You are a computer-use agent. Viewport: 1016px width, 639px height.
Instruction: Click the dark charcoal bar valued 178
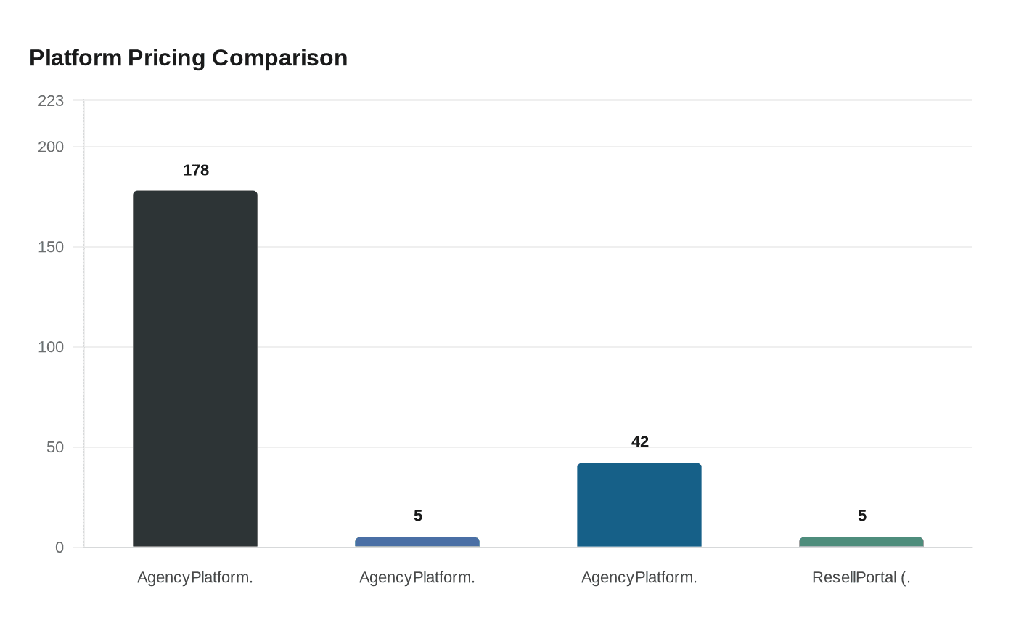(195, 369)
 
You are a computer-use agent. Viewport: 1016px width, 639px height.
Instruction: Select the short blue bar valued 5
(417, 542)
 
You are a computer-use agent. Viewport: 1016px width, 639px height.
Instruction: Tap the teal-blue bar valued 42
(639, 505)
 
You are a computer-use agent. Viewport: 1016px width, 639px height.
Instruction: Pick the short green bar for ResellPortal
(861, 542)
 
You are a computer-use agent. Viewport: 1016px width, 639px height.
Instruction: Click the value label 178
(196, 170)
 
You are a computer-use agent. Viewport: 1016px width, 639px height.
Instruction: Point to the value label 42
(640, 441)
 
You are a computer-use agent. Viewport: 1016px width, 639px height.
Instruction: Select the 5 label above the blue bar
(418, 516)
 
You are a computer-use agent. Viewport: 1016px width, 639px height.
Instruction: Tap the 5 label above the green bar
(862, 516)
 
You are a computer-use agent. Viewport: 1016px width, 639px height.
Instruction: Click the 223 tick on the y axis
(51, 101)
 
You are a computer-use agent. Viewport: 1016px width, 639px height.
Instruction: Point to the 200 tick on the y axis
(51, 147)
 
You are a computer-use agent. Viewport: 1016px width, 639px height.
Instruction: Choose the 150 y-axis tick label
(51, 247)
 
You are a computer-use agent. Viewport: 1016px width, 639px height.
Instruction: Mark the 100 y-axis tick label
(51, 347)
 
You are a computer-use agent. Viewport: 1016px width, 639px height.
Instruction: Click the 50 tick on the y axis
(55, 447)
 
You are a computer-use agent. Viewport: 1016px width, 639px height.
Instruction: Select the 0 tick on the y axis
(60, 548)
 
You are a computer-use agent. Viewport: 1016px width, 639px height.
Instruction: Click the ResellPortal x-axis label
(861, 577)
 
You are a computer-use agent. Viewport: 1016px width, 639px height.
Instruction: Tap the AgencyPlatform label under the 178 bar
(195, 577)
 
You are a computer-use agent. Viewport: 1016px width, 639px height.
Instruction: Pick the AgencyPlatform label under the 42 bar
(639, 577)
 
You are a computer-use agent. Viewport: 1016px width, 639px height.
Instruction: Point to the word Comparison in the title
(279, 57)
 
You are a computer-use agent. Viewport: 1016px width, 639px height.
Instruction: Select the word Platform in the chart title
(75, 57)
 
